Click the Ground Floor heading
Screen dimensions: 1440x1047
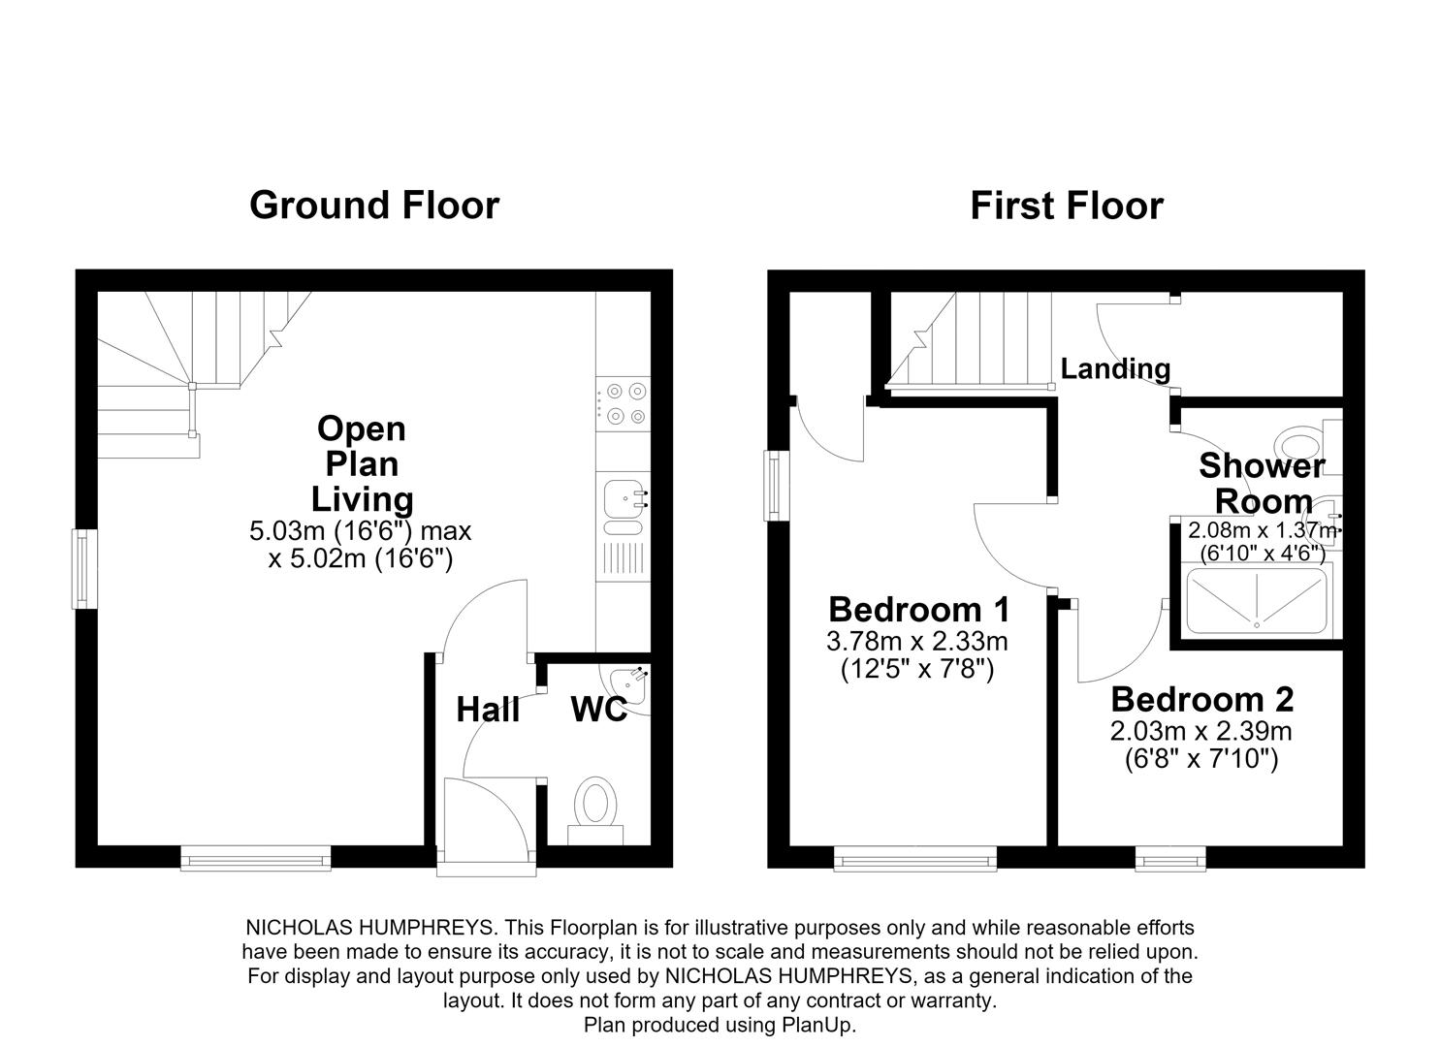pos(374,206)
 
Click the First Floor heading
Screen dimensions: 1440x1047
pos(1067,206)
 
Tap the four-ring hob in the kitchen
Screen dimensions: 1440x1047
pos(623,403)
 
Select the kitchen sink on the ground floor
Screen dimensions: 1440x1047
pos(623,508)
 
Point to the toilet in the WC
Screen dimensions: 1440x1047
pos(595,809)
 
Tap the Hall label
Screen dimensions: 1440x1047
pos(488,711)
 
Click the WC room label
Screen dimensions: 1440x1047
pos(598,710)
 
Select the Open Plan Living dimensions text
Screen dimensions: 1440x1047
pos(361,545)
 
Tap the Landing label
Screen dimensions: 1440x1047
pos(1115,369)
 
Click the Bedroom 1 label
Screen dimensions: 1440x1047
pos(918,610)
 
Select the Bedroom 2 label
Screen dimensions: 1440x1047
pos(1202,699)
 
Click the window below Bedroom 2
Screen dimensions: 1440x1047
pos(1170,859)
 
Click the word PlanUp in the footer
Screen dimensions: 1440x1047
pos(817,1025)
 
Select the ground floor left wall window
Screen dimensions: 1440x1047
pos(84,569)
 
